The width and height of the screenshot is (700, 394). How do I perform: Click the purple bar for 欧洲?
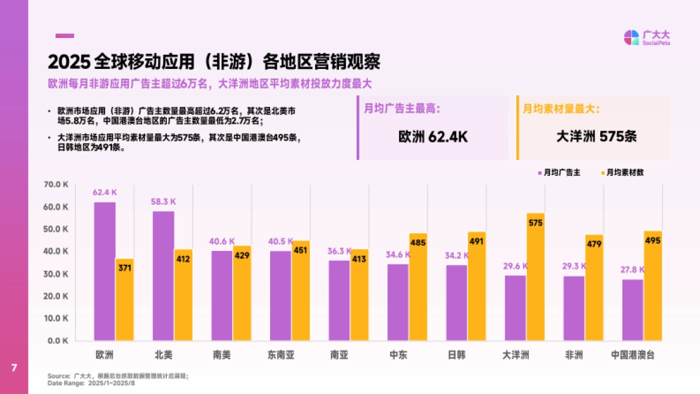tap(105, 271)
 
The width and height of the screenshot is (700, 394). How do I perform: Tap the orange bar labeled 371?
tap(124, 300)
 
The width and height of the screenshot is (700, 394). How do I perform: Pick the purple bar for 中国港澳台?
tap(633, 310)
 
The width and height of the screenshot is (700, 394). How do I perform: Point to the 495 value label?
tap(653, 240)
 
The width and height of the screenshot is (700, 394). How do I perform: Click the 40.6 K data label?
tap(222, 241)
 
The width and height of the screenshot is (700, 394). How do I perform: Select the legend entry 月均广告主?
tap(558, 173)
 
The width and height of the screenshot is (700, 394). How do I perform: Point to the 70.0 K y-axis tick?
tap(57, 184)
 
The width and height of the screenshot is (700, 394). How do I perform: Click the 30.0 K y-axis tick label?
tap(57, 274)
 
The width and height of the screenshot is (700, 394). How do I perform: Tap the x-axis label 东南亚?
tap(281, 355)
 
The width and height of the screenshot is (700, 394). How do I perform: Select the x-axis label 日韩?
tap(457, 355)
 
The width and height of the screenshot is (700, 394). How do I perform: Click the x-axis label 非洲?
tap(574, 355)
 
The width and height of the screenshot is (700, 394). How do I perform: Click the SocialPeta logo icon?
tap(631, 37)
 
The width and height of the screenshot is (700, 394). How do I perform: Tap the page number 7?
tap(14, 368)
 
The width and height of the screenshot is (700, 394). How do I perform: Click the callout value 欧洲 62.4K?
tap(433, 137)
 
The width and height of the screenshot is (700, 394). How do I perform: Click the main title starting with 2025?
tap(214, 62)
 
